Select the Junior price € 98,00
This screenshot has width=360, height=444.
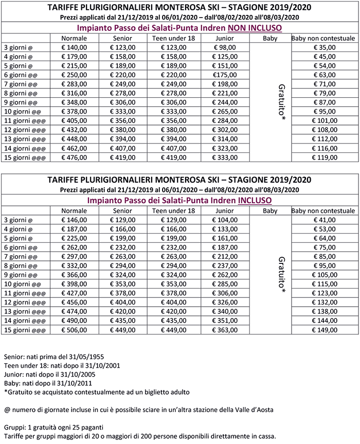click(x=224, y=47)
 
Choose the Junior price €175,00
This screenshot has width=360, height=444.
click(x=224, y=75)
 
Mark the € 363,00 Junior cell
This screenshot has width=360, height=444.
click(x=224, y=330)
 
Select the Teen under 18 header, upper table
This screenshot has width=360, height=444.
click(x=175, y=39)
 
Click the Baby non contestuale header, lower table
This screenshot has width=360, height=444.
click(x=323, y=211)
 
